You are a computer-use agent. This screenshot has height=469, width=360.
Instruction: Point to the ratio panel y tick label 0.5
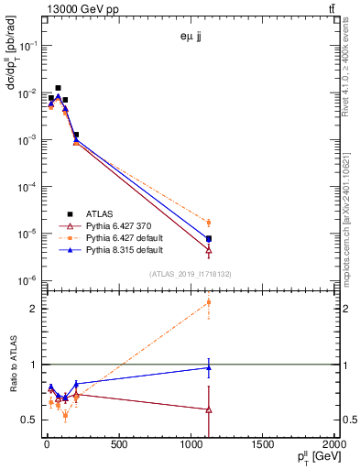pyautogui.click(x=31, y=420)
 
